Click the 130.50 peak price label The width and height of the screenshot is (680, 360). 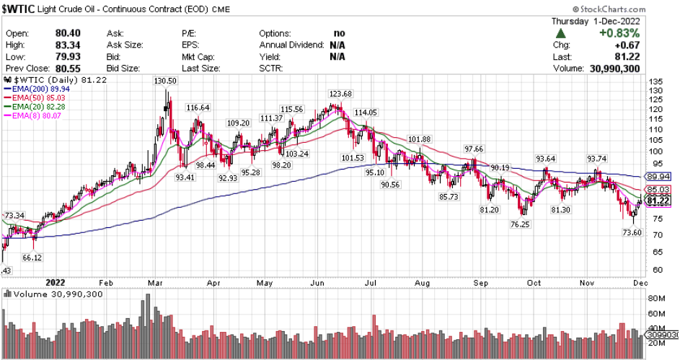pyautogui.click(x=165, y=82)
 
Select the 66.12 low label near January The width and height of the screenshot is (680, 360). pyautogui.click(x=32, y=258)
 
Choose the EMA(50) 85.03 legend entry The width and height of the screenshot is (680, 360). pyautogui.click(x=34, y=97)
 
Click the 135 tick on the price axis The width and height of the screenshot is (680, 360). pyautogui.click(x=655, y=82)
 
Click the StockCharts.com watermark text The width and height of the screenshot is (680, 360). pyautogui.click(x=631, y=11)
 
